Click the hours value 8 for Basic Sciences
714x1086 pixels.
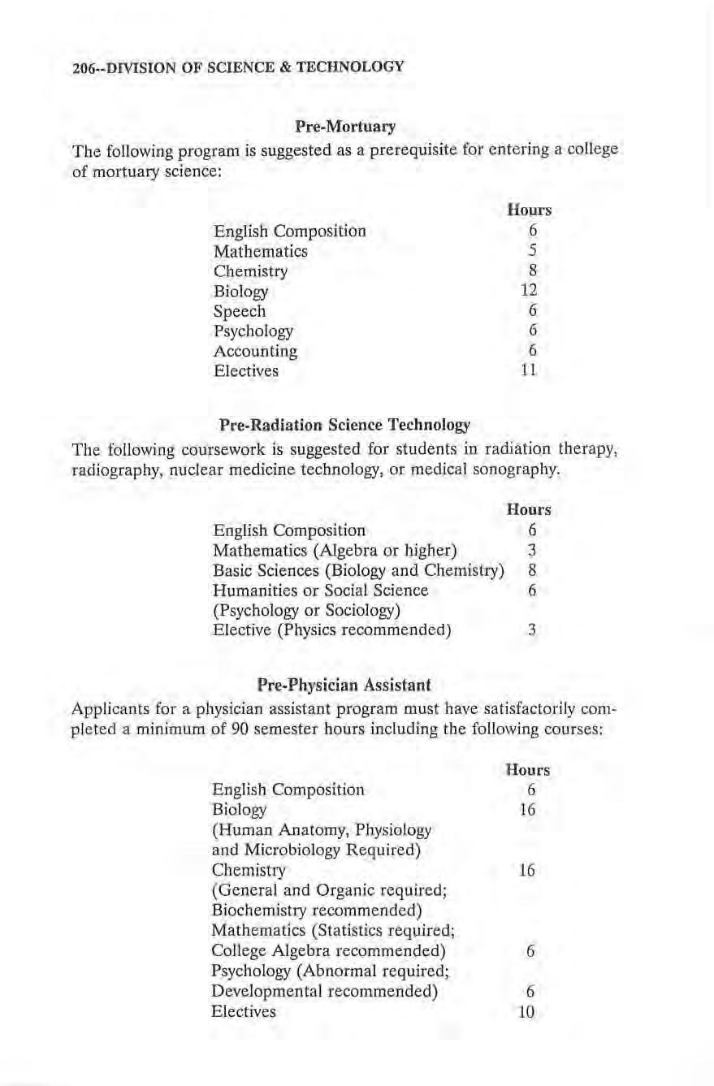(x=529, y=570)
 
